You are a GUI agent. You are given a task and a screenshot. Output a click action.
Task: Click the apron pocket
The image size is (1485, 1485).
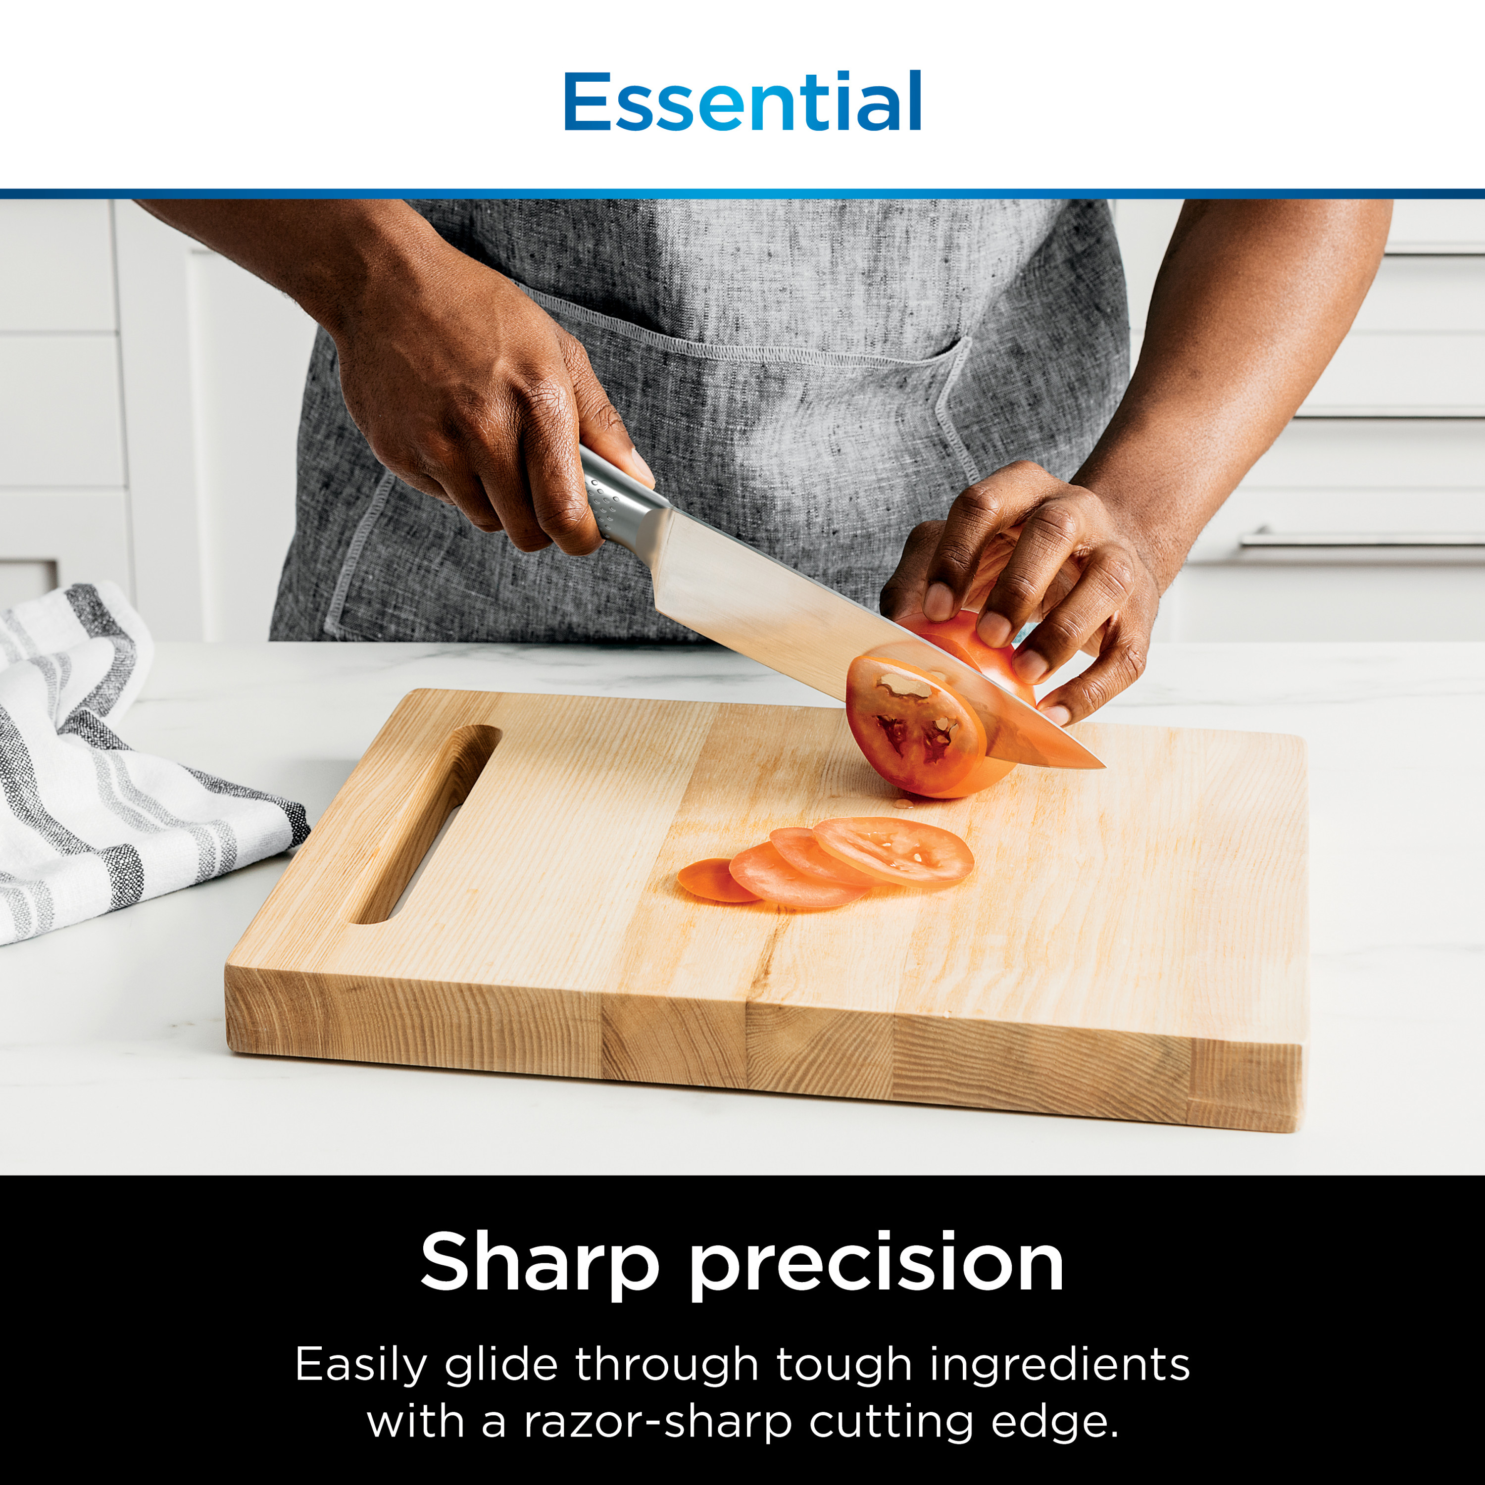(769, 431)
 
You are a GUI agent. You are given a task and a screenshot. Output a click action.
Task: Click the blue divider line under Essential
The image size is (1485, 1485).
(742, 194)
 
